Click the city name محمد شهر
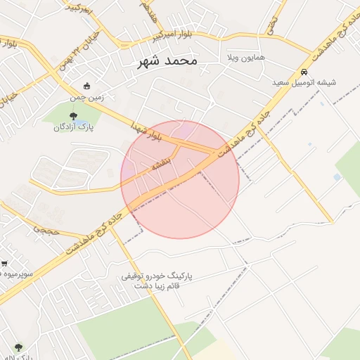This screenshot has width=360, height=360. pyautogui.click(x=168, y=62)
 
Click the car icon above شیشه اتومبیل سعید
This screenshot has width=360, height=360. pyautogui.click(x=304, y=72)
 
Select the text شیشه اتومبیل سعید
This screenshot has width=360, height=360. pyautogui.click(x=304, y=82)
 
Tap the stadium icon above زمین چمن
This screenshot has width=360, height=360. pyautogui.click(x=87, y=86)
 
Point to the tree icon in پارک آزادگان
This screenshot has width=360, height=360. pyautogui.click(x=73, y=116)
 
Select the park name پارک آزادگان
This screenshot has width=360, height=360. pyautogui.click(x=73, y=127)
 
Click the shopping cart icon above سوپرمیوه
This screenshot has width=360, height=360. pyautogui.click(x=5, y=264)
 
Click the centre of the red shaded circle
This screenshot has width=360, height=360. pyautogui.click(x=180, y=180)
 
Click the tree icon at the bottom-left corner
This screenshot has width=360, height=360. pyautogui.click(x=18, y=347)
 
